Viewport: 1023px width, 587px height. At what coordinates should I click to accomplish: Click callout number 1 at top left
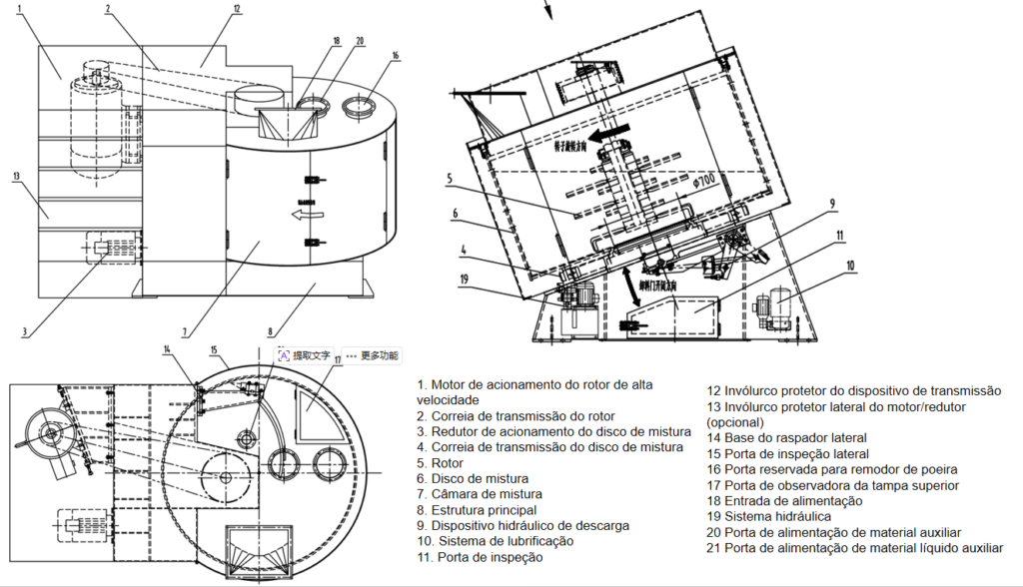pos(19,9)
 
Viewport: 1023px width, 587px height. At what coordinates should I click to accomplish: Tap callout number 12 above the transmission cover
pos(236,9)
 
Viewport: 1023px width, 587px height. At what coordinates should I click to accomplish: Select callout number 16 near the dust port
pos(396,56)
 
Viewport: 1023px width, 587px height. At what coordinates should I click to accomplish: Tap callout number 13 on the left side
pos(16,177)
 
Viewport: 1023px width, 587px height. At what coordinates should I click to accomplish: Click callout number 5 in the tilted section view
pos(451,180)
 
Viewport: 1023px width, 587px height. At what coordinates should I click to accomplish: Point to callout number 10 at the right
pos(850,267)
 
